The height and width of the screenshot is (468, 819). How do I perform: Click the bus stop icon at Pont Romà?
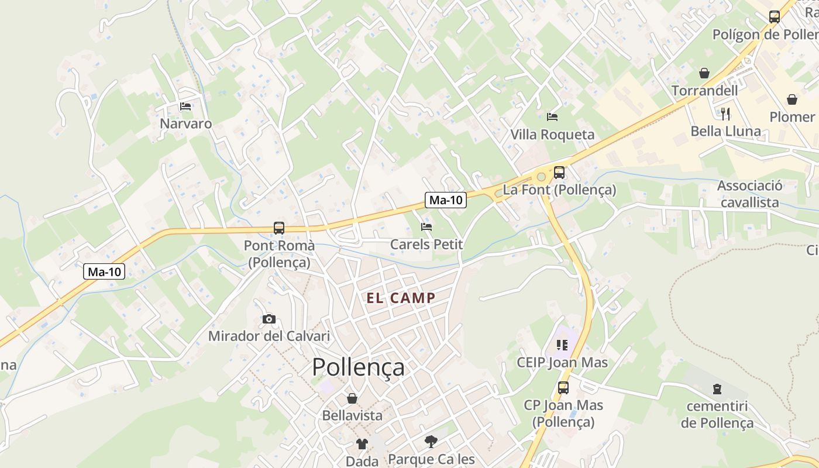[x=279, y=228]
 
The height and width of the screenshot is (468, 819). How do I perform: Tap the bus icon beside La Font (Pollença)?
[x=559, y=173]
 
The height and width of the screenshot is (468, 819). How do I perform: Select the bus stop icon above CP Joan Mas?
[x=563, y=387]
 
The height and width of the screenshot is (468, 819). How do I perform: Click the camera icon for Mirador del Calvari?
[x=269, y=319]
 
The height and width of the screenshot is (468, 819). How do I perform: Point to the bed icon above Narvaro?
[x=185, y=106]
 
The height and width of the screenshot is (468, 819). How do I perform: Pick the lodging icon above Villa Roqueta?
[x=552, y=117]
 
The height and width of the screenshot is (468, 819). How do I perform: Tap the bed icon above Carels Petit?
[x=426, y=226]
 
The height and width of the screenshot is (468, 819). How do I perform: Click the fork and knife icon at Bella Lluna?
[x=725, y=113]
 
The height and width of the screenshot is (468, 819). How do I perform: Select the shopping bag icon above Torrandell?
[x=704, y=73]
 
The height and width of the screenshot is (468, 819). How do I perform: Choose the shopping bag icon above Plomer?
[x=792, y=99]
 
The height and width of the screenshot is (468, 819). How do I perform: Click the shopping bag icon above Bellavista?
[x=352, y=398]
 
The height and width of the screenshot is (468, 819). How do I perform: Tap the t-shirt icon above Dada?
[x=362, y=444]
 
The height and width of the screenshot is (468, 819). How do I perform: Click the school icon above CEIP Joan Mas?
[x=562, y=345]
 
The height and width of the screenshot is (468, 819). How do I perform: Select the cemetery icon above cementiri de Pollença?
[x=717, y=388]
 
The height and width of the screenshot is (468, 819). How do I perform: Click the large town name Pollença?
[x=358, y=367]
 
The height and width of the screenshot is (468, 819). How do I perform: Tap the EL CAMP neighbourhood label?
[x=401, y=298]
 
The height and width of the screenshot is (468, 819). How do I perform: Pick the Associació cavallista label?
[x=749, y=194]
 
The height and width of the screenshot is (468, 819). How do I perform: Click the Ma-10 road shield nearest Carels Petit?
[x=446, y=200]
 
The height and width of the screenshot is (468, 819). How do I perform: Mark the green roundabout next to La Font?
[x=541, y=175]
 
